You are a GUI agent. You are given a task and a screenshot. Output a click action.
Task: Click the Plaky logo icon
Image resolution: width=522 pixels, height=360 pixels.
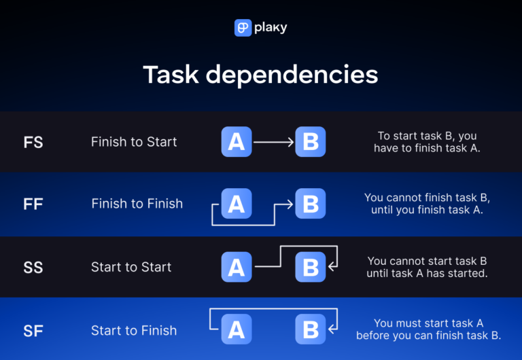[243, 28]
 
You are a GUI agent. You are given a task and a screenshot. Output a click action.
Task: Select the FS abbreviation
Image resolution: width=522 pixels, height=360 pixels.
[33, 142]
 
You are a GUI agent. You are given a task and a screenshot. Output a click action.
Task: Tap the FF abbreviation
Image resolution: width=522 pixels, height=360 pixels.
[33, 204]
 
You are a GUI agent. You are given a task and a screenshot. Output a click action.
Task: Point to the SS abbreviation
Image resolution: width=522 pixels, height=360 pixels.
[33, 267]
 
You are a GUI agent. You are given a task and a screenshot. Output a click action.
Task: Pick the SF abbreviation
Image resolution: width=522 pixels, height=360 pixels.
[33, 331]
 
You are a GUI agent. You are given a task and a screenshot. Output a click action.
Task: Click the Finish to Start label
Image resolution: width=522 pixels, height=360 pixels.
[134, 142]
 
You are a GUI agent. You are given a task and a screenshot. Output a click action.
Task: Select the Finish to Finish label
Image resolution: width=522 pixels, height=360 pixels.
[137, 204]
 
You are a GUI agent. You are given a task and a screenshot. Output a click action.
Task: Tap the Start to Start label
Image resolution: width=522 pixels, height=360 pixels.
[131, 267]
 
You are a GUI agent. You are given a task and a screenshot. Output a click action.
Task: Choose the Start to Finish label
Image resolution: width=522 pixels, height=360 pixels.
[134, 331]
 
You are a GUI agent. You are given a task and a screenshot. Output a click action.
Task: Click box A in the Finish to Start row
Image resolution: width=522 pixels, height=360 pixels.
[237, 142]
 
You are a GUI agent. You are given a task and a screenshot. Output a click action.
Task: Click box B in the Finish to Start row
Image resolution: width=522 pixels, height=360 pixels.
[311, 142]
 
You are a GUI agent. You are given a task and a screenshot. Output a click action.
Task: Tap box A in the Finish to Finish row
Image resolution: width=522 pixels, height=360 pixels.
[237, 204]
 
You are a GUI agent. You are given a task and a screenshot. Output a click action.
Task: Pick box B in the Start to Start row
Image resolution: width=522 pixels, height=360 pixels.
[311, 267]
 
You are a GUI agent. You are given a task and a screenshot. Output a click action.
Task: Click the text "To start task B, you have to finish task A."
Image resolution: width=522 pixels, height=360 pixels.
[427, 142]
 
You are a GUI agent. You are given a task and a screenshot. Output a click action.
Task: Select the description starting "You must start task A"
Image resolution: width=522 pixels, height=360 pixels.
[428, 329]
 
